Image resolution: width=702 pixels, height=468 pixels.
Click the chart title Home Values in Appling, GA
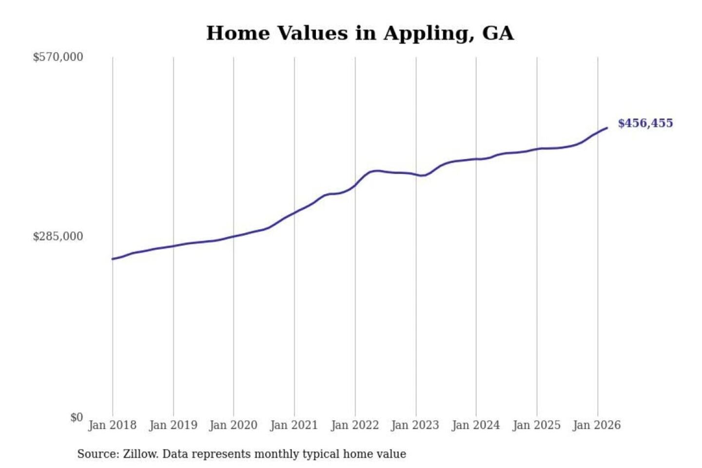(x=360, y=33)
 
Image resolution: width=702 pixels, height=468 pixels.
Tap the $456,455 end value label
(x=645, y=123)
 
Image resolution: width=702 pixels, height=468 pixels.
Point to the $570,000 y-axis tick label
(x=58, y=57)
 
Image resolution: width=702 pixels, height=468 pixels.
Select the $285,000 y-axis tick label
(x=58, y=236)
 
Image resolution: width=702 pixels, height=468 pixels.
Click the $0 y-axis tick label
(x=77, y=417)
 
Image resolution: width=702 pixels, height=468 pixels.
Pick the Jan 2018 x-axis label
(x=112, y=425)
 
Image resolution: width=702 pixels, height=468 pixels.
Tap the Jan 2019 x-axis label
(x=173, y=425)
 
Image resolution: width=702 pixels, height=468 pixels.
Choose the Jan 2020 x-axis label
(x=233, y=425)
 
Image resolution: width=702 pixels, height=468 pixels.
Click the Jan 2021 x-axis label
(x=294, y=425)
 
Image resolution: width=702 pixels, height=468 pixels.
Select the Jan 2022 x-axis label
(x=355, y=425)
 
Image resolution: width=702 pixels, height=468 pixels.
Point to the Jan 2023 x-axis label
(x=415, y=425)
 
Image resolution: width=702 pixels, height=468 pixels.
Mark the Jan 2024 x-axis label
(x=476, y=425)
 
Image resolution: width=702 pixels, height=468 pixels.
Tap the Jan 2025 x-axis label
(x=537, y=425)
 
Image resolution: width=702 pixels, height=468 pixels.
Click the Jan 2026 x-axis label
(x=597, y=425)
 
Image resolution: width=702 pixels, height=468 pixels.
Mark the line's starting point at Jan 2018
(x=113, y=259)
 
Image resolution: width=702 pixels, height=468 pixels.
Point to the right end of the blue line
(x=607, y=128)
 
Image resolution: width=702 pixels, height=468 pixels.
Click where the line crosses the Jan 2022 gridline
(x=355, y=185)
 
